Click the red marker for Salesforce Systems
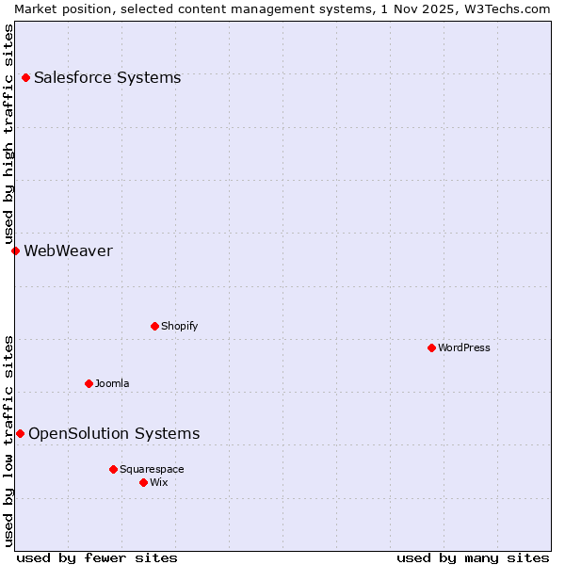tap(25, 77)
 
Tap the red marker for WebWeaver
tap(15, 250)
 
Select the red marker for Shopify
tap(154, 326)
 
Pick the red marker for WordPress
tap(431, 347)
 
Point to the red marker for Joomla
tap(89, 383)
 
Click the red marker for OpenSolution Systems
tap(20, 433)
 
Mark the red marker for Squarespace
tap(113, 469)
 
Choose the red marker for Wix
tap(143, 482)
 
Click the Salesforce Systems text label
tap(107, 77)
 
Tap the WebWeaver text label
tap(68, 250)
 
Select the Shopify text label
tap(179, 326)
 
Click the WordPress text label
tap(464, 347)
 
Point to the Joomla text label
tap(112, 383)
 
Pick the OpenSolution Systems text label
tap(114, 433)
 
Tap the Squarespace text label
tap(152, 469)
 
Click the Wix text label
tap(158, 482)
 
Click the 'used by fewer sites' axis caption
tap(97, 557)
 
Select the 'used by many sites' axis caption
tap(473, 557)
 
